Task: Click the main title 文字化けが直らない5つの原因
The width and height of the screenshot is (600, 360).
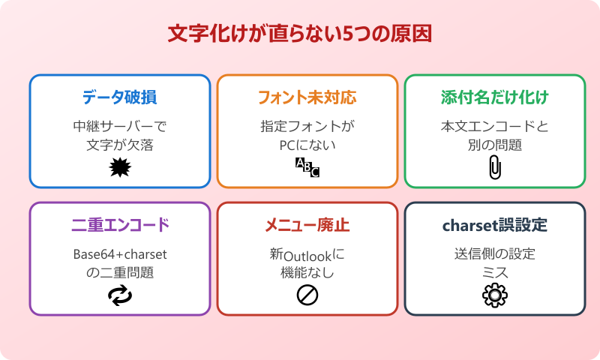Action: (300, 34)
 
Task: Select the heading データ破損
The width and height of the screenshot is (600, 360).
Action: (120, 97)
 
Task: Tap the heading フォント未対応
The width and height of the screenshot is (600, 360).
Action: (307, 97)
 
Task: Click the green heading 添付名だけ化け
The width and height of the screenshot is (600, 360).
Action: (495, 97)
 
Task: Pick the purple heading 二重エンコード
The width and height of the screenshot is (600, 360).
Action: (120, 225)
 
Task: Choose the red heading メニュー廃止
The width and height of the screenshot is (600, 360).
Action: (307, 225)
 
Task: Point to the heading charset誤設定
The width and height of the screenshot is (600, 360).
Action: (495, 225)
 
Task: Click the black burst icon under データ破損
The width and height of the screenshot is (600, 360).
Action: (120, 167)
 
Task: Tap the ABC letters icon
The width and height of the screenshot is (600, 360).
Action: (307, 167)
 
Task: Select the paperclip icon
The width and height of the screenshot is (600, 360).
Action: (494, 168)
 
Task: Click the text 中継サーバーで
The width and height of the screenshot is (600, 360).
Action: (120, 126)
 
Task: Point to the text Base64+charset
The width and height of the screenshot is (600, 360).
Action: (120, 254)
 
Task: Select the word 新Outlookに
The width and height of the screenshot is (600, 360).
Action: (307, 254)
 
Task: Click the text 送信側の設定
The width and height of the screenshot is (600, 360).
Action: (495, 254)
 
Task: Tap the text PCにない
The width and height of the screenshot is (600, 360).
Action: (307, 145)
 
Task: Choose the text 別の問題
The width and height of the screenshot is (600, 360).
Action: (495, 145)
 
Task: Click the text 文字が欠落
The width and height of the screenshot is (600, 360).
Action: (120, 145)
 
